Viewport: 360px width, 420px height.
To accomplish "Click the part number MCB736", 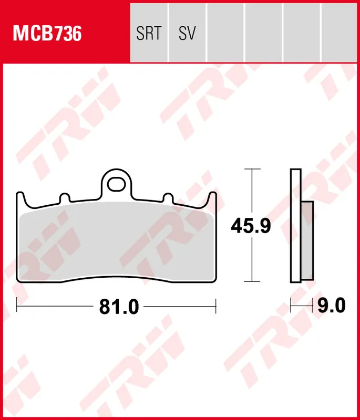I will click(47, 34).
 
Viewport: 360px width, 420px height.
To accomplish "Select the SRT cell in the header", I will click(149, 34).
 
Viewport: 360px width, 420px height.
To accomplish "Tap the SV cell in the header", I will click(187, 34).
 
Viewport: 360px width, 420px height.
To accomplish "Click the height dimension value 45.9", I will click(251, 226).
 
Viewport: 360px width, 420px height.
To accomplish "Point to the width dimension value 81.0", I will click(119, 307).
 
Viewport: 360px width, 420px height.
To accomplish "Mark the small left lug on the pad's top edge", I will click(65, 198).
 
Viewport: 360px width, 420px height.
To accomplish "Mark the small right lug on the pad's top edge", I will click(168, 198).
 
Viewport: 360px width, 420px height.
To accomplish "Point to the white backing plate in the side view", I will click(295, 226).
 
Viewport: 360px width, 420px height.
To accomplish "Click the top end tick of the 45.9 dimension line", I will click(253, 170).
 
